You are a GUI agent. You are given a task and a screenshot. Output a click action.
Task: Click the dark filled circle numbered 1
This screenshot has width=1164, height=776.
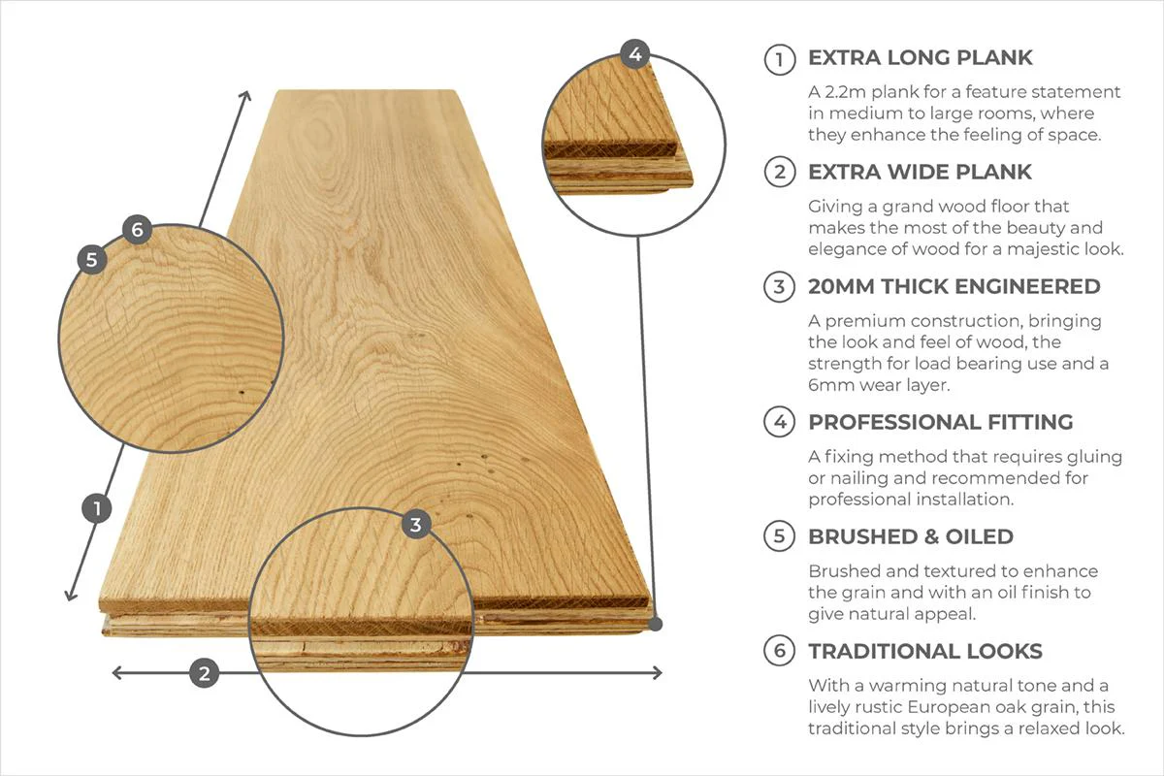coord(96,508)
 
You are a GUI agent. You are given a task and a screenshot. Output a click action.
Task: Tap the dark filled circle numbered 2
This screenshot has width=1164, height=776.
coord(204,673)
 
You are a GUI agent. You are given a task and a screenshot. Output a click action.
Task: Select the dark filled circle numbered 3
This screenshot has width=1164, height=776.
coord(416,525)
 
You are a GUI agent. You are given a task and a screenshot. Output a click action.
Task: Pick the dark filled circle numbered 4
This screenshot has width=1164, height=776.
coord(634,54)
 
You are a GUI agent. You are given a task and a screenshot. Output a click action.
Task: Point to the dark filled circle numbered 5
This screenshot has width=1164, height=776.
coord(92,259)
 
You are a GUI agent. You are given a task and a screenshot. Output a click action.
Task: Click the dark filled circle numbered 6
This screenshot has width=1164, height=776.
coord(137,230)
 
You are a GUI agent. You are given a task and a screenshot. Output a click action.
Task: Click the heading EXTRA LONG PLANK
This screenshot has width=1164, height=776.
coord(920,58)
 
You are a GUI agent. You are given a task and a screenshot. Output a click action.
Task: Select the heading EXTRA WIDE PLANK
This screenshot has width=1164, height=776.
coord(920,173)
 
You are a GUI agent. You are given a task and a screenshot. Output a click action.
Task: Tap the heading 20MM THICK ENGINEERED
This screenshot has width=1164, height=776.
coord(954,287)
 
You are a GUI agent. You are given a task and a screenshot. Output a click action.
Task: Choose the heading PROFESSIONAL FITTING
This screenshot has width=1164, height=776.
coord(940,423)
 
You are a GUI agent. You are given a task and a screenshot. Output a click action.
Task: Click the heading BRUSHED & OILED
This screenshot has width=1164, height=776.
coord(910,537)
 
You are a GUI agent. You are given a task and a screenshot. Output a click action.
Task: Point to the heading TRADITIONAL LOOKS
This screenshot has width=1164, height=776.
coord(924,652)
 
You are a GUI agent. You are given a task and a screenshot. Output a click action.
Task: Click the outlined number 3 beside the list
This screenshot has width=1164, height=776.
coord(779,287)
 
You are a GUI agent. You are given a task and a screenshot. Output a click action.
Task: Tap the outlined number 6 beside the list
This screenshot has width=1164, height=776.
coord(779,652)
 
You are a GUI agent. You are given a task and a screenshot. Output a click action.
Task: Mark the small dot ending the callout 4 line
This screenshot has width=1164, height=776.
coord(656,624)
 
